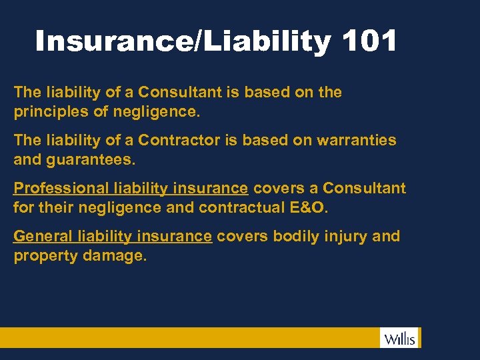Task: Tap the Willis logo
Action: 400,338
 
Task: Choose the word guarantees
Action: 91,159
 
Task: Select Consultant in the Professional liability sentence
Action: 364,188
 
